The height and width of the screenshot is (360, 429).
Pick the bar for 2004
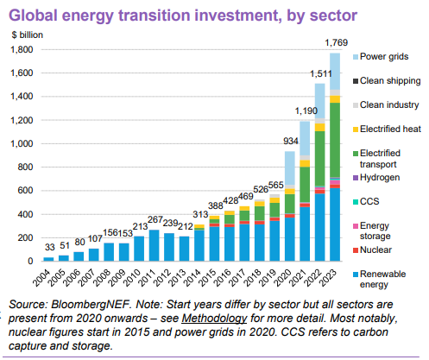(47, 258)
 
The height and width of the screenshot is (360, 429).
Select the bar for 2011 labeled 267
(154, 245)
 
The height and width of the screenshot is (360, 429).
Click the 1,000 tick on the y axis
(20, 143)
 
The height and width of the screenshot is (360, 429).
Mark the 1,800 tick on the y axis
(20, 49)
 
